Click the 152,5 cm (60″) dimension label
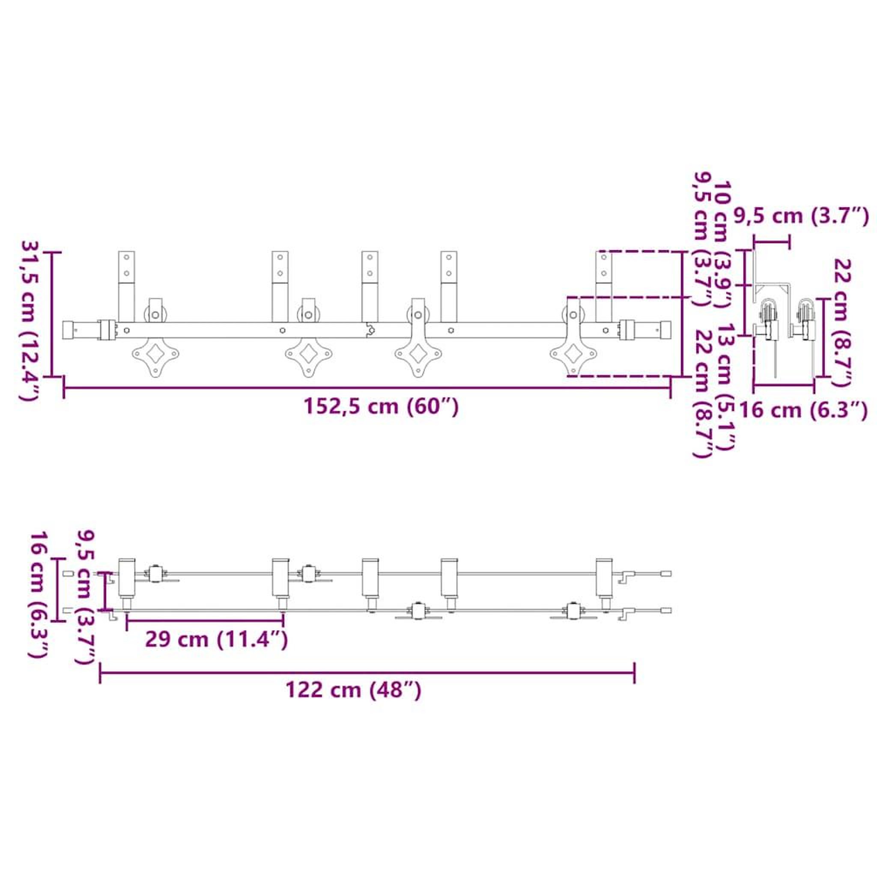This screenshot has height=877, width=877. click(x=381, y=406)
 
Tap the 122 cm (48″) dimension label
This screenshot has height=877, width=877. click(x=353, y=689)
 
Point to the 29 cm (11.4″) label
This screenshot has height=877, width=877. click(x=217, y=640)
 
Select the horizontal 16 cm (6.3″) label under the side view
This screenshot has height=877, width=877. click(x=804, y=411)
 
